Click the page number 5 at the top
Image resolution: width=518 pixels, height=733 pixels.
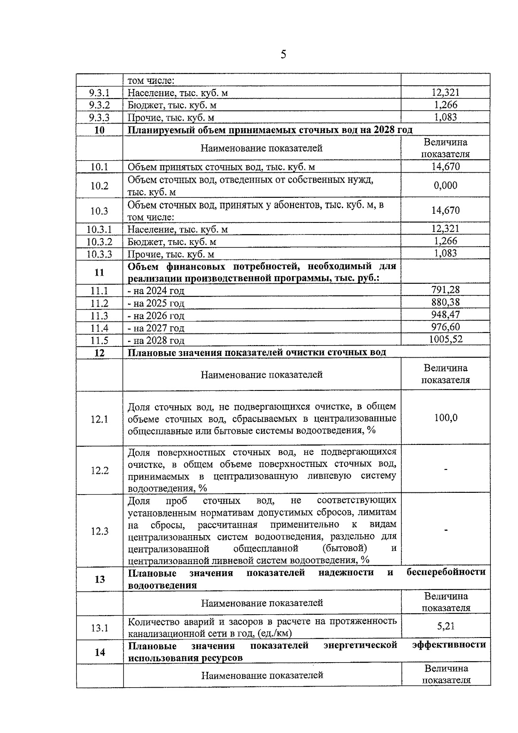click(283, 54)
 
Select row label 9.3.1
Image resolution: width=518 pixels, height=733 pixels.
click(99, 93)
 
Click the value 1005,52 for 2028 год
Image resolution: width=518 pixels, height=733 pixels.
click(445, 339)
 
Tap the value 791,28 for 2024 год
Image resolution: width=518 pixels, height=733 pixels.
click(445, 289)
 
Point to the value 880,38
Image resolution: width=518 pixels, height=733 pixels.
click(445, 302)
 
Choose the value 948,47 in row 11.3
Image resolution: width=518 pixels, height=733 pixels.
click(445, 314)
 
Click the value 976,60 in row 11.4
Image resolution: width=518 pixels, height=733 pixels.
click(445, 327)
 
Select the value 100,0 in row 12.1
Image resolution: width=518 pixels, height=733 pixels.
click(445, 418)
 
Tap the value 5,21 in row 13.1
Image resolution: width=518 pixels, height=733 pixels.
click(445, 626)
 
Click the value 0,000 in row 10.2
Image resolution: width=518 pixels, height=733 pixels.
click(445, 185)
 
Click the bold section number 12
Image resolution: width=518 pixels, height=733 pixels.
click(99, 353)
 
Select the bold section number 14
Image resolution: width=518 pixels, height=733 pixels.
click(100, 652)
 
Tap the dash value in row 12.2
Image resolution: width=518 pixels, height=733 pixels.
click(445, 470)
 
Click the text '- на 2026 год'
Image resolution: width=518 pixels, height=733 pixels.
click(156, 316)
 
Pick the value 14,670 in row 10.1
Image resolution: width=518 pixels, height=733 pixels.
click(445, 167)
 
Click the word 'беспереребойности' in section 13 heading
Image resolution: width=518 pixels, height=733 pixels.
click(446, 572)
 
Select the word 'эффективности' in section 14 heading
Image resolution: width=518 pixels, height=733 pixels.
click(449, 644)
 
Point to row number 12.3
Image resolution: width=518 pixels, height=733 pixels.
click(99, 531)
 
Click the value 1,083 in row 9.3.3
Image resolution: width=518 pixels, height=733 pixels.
click(445, 117)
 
